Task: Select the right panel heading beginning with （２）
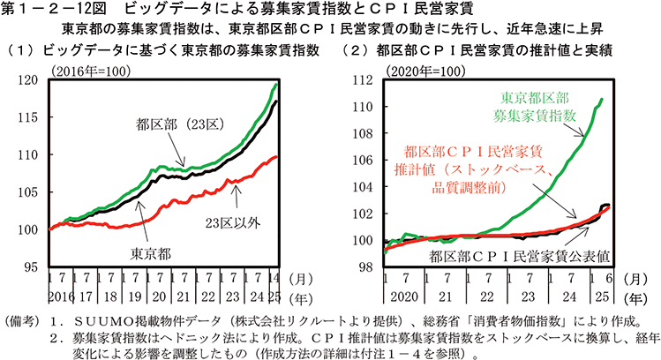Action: pyautogui.click(x=490, y=49)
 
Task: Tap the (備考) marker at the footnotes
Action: pyautogui.click(x=24, y=319)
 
